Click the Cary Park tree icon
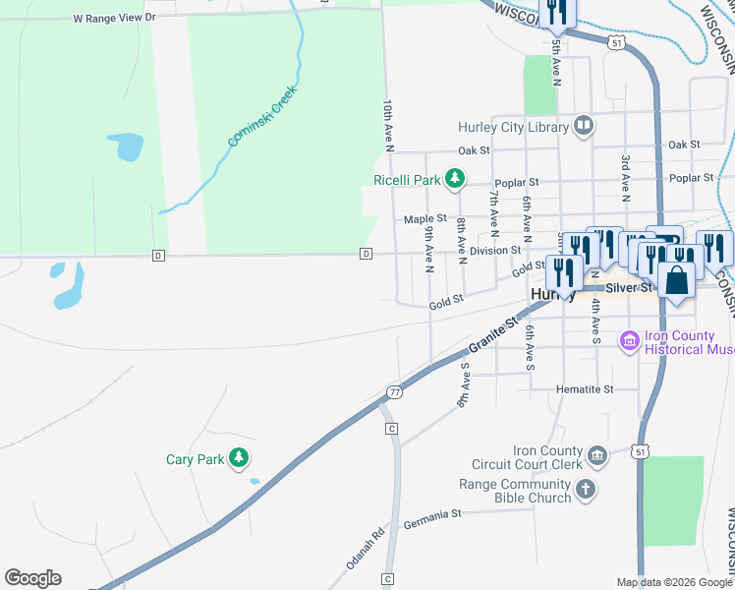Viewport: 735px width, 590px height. (238, 458)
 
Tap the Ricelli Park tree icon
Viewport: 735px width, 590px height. (454, 178)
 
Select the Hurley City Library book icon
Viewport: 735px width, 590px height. (584, 126)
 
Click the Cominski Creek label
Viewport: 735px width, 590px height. (261, 116)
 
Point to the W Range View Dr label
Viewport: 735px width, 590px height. (114, 18)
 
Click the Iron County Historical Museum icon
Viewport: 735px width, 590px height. (629, 341)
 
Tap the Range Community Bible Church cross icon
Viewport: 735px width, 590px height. (585, 490)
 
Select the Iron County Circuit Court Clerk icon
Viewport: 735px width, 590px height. (597, 455)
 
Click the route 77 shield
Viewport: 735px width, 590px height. (394, 391)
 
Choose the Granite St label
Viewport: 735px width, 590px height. (493, 336)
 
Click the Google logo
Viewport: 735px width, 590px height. (32, 578)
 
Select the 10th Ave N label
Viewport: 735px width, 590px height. (389, 125)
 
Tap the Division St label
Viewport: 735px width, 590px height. (494, 251)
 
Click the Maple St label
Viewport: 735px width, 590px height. (425, 219)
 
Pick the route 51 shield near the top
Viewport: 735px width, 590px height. (616, 43)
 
